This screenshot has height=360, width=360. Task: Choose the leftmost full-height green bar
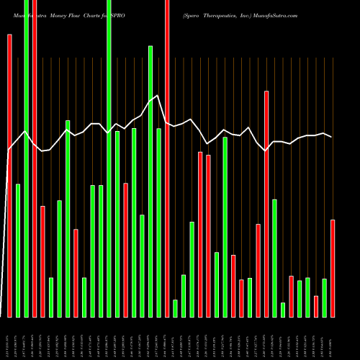[x=26, y=158]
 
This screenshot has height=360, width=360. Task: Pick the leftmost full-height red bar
[x=35, y=158]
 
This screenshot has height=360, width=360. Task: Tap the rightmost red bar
[x=333, y=268]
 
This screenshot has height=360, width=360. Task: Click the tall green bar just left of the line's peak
[x=150, y=181]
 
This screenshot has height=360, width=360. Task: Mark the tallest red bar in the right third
[x=266, y=204]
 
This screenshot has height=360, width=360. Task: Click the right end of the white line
[x=331, y=137]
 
